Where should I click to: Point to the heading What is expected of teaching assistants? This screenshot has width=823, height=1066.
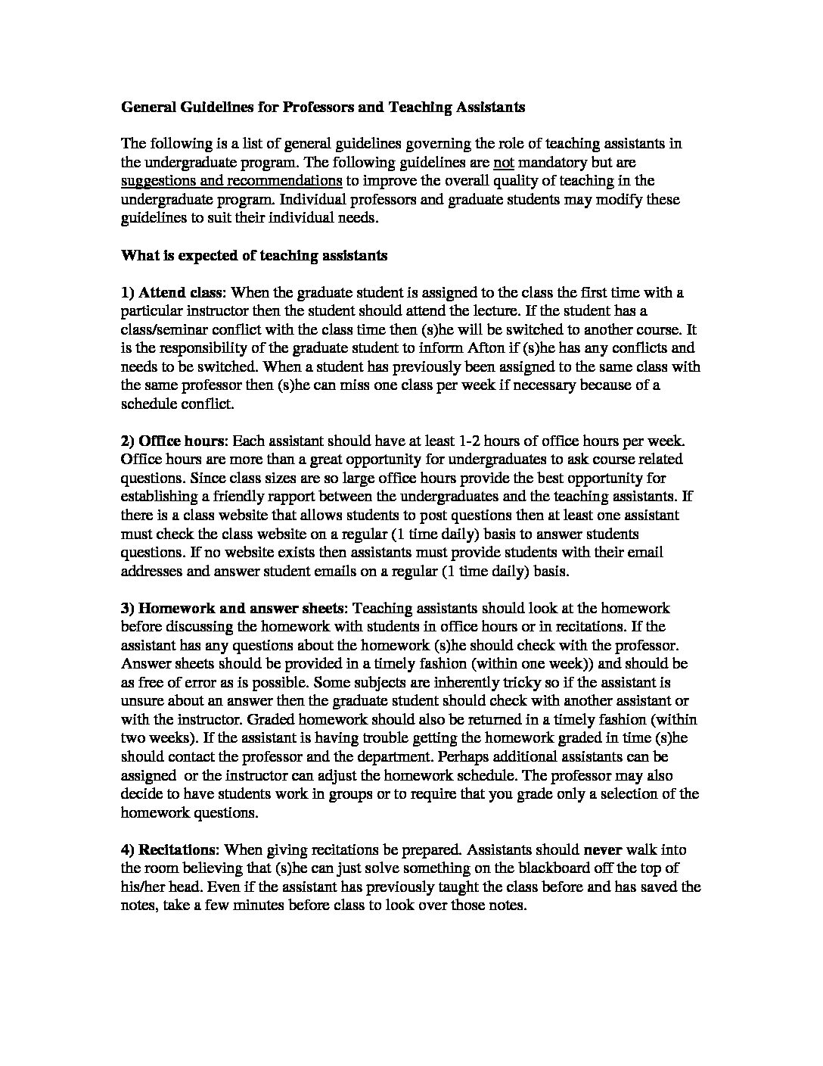pyautogui.click(x=254, y=255)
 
